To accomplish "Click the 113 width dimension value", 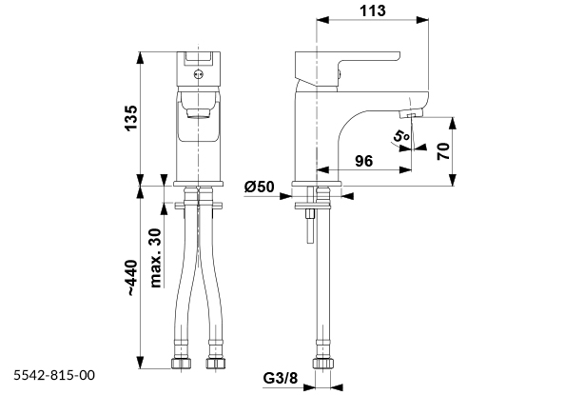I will pyautogui.click(x=373, y=10).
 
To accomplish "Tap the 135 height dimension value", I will pyautogui.click(x=132, y=117).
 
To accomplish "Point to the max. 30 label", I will pyautogui.click(x=155, y=250).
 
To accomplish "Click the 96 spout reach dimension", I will pyautogui.click(x=363, y=161).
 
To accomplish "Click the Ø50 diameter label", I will pyautogui.click(x=259, y=187).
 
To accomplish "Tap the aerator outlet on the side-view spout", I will pyautogui.click(x=410, y=114).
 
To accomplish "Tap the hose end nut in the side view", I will pyautogui.click(x=322, y=365).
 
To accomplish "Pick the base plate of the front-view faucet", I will pyautogui.click(x=199, y=183).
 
